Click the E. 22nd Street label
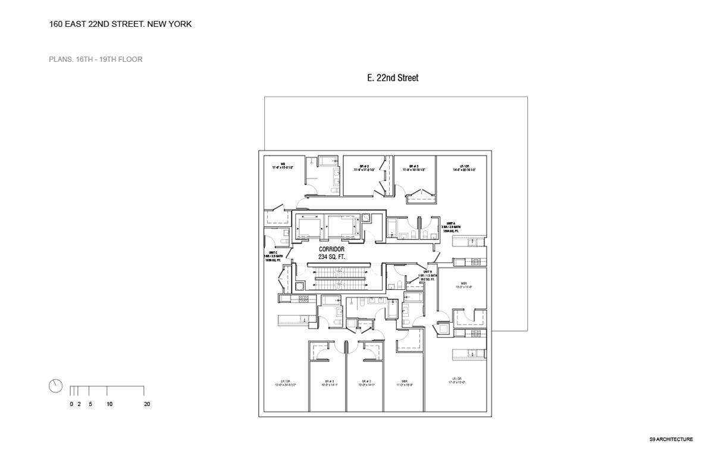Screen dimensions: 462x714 pyautogui.click(x=393, y=78)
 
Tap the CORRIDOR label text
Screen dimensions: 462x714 pyautogui.click(x=332, y=250)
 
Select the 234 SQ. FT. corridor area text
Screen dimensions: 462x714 pyautogui.click(x=332, y=257)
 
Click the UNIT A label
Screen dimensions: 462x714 pyautogui.click(x=451, y=224)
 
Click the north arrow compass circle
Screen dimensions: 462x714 pyautogui.click(x=55, y=385)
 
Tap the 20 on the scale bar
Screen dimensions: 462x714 pyautogui.click(x=147, y=404)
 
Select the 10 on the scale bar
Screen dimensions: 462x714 pyautogui.click(x=109, y=404)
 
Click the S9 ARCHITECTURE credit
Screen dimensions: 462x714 pyautogui.click(x=671, y=439)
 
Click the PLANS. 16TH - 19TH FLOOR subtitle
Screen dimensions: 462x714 pyautogui.click(x=96, y=60)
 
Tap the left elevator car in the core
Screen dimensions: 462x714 pyautogui.click(x=308, y=227)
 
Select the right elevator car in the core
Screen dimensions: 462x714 pyautogui.click(x=341, y=227)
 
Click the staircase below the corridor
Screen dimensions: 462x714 pyautogui.click(x=339, y=276)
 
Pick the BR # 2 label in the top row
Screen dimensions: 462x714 pyautogui.click(x=365, y=167)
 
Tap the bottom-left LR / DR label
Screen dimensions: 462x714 pyautogui.click(x=285, y=382)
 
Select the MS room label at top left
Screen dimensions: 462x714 pyautogui.click(x=283, y=164)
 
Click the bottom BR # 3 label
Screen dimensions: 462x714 pyautogui.click(x=329, y=382)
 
